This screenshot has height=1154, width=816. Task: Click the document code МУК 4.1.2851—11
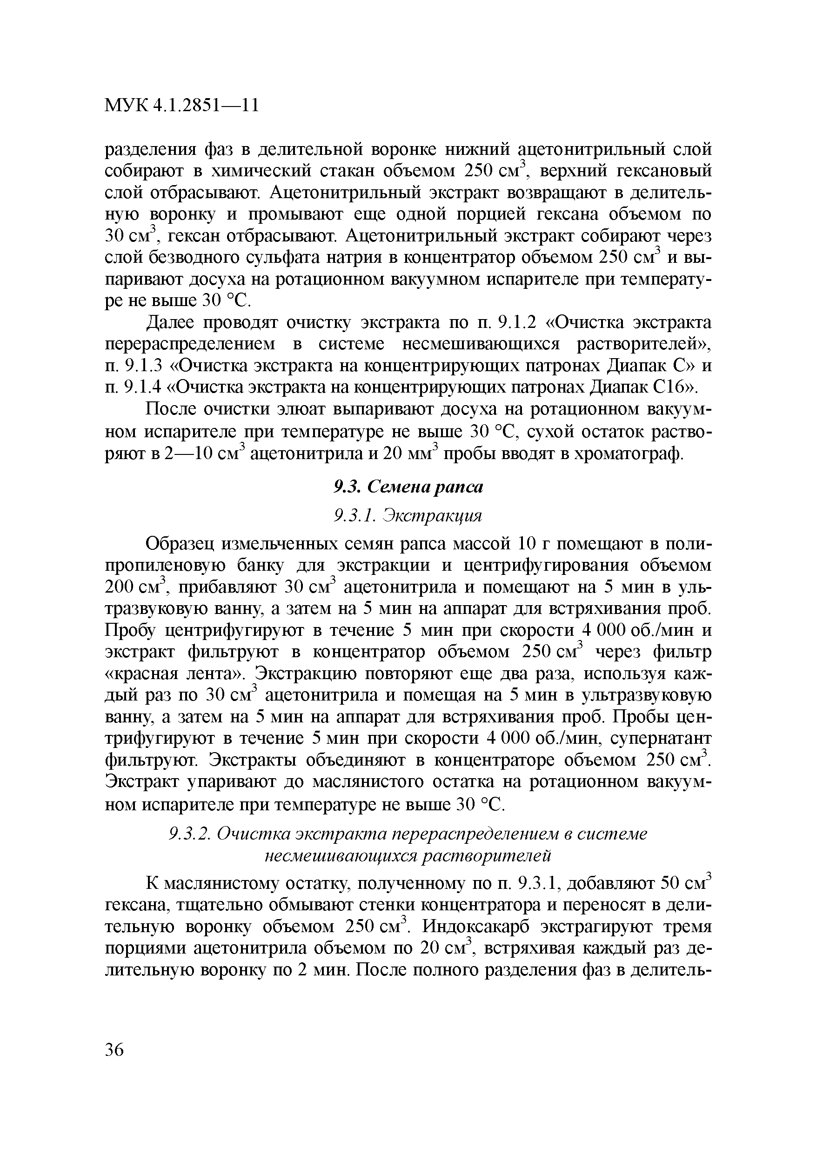(x=181, y=106)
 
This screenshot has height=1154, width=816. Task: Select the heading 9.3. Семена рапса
(x=408, y=487)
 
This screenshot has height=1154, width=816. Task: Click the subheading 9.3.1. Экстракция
(x=408, y=515)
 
